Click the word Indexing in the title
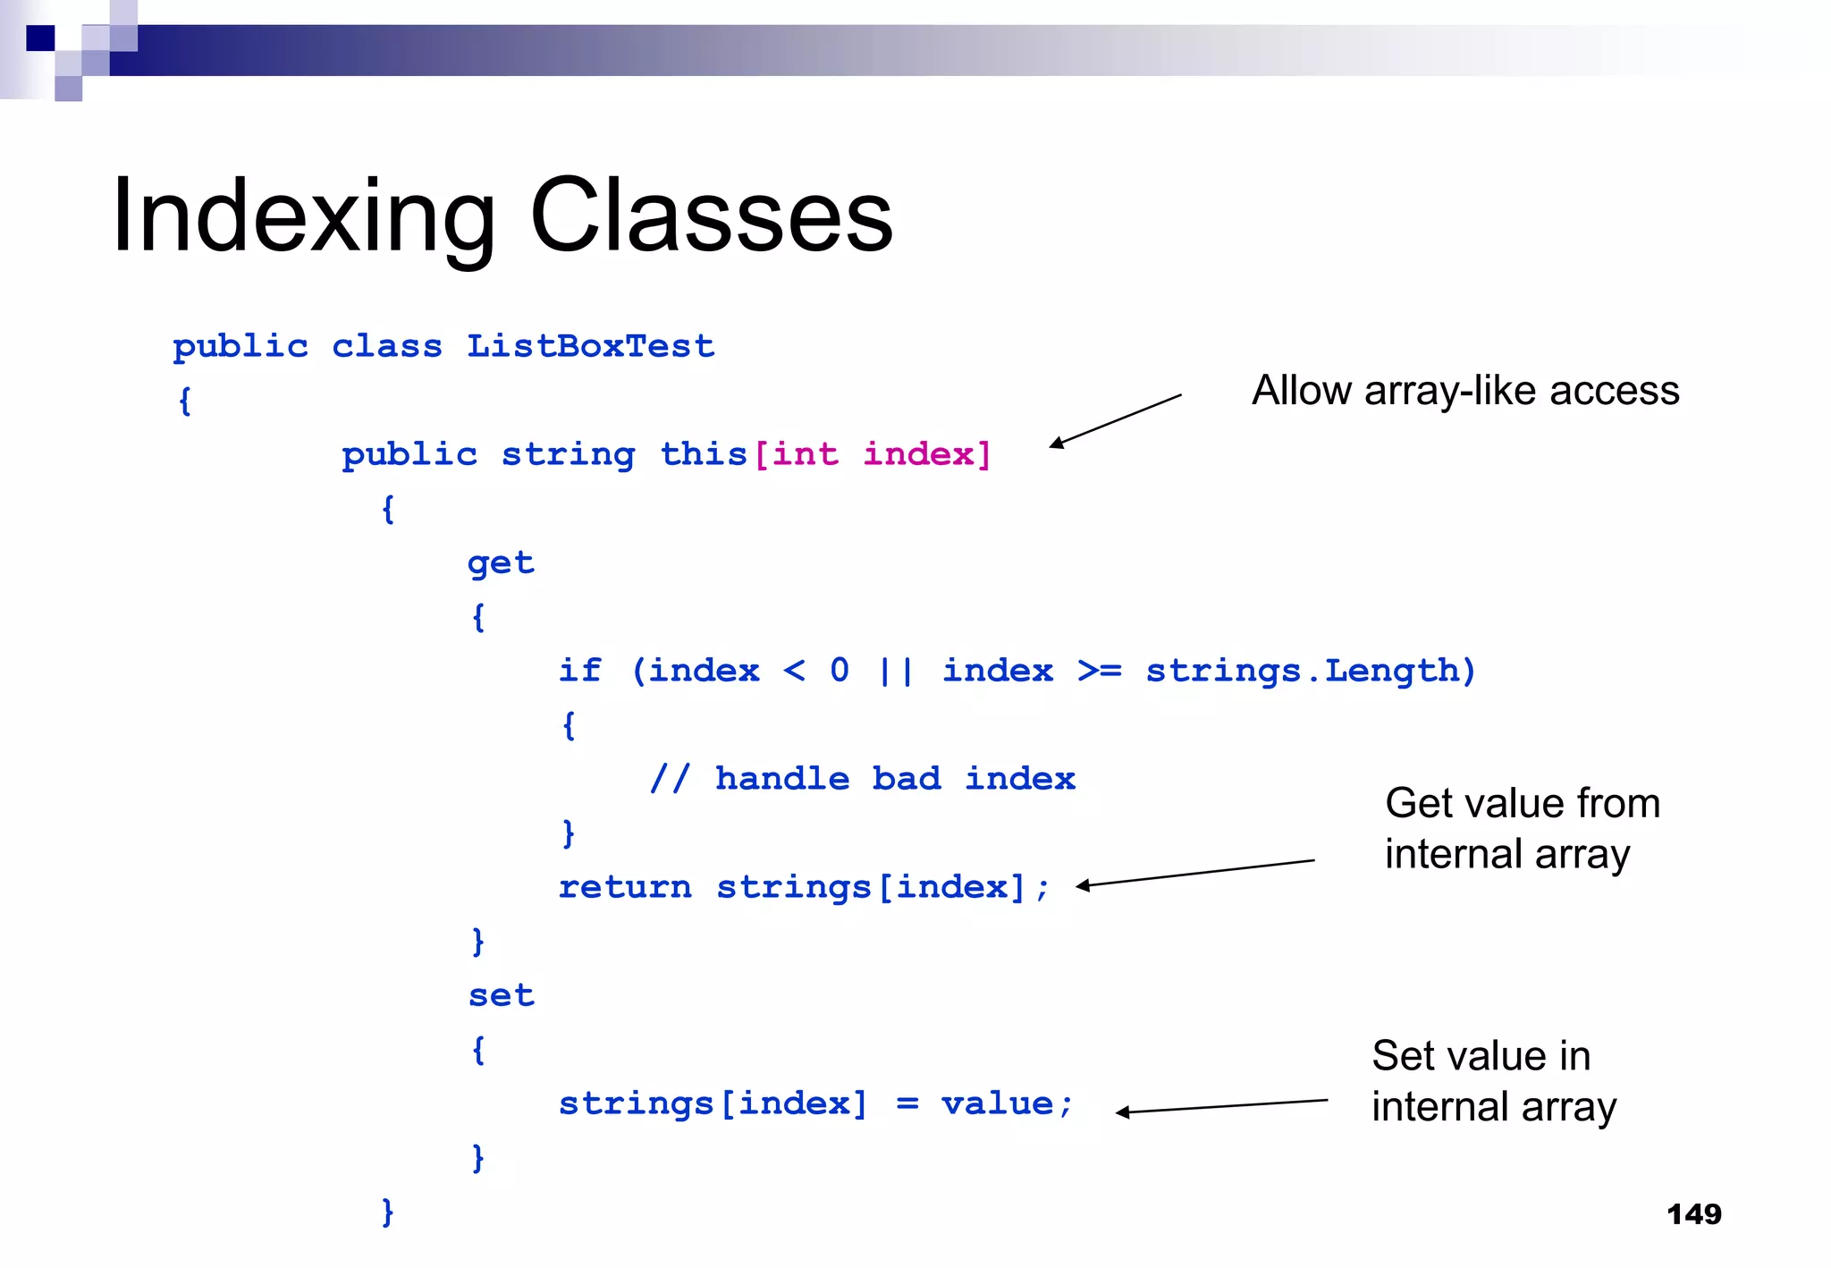click(303, 216)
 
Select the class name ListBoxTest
click(590, 346)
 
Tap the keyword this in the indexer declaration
click(703, 454)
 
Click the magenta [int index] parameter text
click(873, 454)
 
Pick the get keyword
click(501, 563)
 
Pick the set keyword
click(501, 995)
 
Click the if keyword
click(579, 671)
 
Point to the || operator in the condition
click(895, 671)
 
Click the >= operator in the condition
click(1099, 671)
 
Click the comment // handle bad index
click(862, 779)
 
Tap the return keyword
click(624, 887)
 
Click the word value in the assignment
click(996, 1103)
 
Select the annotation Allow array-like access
click(1464, 391)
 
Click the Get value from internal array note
click(1522, 828)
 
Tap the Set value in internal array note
click(1493, 1081)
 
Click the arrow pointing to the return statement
click(1194, 873)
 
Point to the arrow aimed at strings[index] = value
click(1221, 1106)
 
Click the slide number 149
click(1693, 1214)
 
